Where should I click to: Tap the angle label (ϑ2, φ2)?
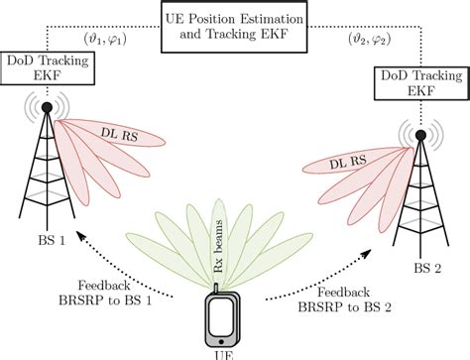coord(370,40)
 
